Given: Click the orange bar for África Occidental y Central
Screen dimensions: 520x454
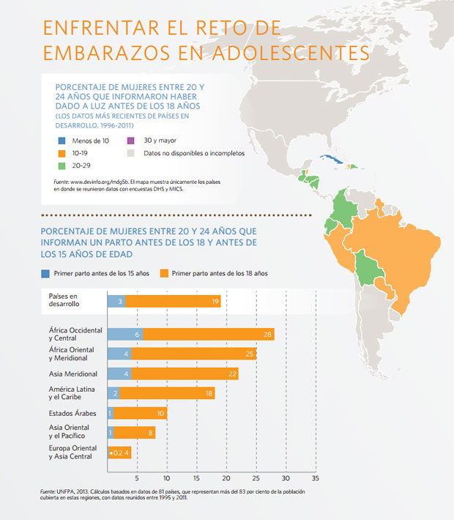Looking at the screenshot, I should point(209,334).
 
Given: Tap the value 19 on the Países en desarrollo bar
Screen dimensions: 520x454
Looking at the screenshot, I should point(215,301).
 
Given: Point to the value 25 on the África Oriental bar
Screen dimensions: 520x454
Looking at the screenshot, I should point(250,354).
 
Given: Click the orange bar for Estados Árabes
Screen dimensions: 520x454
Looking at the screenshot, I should point(141,413).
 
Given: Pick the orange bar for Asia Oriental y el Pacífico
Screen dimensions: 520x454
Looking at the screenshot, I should point(135,433).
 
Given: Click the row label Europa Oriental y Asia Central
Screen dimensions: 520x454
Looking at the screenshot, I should point(70,452).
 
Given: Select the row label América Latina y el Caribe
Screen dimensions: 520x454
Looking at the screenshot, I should point(70,393).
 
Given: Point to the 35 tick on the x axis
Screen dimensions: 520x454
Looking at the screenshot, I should point(316,478).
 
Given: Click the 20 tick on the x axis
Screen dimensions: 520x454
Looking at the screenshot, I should point(227,478).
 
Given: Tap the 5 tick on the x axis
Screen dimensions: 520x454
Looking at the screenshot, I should point(138,478).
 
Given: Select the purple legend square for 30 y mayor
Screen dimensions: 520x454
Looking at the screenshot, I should point(130,140).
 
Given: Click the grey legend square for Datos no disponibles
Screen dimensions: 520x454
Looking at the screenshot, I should point(130,153).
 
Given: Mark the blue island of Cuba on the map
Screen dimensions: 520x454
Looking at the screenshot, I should point(331,160).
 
